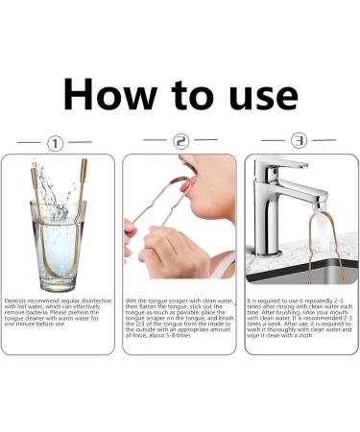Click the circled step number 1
(x=55, y=144)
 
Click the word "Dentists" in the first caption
(x=18, y=300)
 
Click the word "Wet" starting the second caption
(x=133, y=300)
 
